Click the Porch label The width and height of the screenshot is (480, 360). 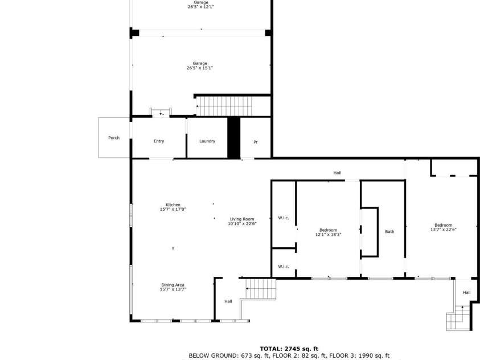tap(114, 138)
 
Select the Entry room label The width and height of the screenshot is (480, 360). tap(159, 141)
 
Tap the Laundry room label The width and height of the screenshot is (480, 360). tap(207, 141)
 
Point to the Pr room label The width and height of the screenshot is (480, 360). tap(256, 142)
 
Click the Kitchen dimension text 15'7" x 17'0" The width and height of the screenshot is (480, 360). tap(173, 210)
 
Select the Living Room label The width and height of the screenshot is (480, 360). tap(242, 219)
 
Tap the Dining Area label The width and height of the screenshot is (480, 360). tap(173, 285)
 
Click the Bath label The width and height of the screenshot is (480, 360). tap(389, 232)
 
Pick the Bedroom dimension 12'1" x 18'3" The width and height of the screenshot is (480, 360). tap(328, 235)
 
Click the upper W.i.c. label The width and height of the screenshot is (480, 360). tap(283, 218)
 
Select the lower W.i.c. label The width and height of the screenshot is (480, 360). tap(283, 267)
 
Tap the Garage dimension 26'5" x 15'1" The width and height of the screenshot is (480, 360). tap(200, 68)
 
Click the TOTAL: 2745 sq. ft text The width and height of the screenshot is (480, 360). tap(289, 348)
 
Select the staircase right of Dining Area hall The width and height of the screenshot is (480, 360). tap(260, 289)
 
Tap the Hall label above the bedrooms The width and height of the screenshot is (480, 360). tap(337, 173)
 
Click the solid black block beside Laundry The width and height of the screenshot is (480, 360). tap(233, 137)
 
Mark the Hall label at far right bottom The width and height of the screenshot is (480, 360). tap(466, 293)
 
